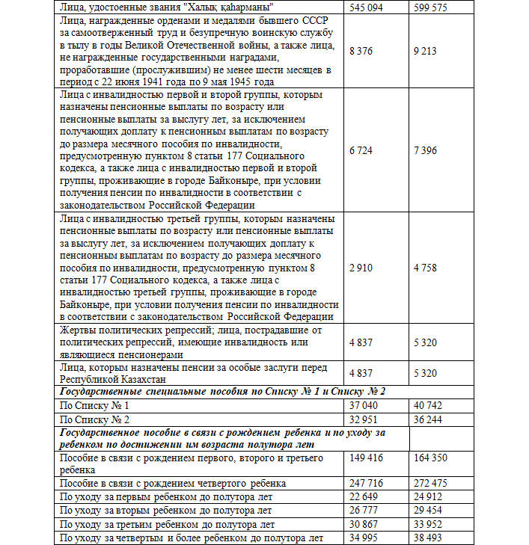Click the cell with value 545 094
click(x=367, y=7)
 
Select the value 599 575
click(x=431, y=7)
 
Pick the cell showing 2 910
click(x=361, y=267)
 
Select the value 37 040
click(x=364, y=404)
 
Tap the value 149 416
click(x=367, y=457)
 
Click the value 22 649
click(x=364, y=497)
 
